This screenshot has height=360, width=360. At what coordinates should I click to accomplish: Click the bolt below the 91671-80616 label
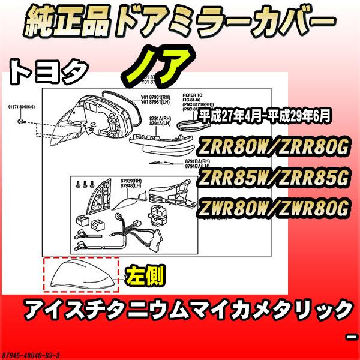click(x=22, y=122)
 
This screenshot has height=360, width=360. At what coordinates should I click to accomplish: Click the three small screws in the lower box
click(x=84, y=183)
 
